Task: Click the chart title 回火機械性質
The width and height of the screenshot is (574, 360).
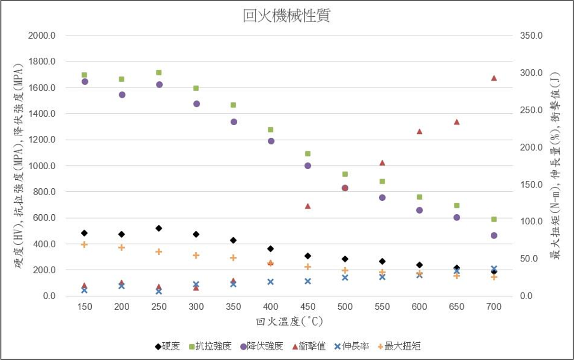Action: (x=287, y=16)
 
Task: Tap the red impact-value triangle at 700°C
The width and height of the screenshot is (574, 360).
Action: (x=494, y=78)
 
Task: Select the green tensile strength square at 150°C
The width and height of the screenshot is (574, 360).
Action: (x=84, y=75)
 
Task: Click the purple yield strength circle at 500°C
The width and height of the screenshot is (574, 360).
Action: (x=345, y=188)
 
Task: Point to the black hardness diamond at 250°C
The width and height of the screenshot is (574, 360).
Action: (x=159, y=228)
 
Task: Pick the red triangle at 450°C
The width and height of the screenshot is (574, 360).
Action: (x=308, y=206)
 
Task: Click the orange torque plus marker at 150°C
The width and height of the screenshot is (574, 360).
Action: (x=84, y=244)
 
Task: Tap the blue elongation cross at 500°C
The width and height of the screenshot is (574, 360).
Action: (x=345, y=277)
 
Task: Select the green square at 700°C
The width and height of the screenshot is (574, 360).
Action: (x=494, y=219)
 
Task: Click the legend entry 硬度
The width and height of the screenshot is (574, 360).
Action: (x=167, y=346)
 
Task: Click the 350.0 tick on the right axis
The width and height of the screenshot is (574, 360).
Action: (x=531, y=36)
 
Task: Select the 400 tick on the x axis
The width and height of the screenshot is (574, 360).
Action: (x=271, y=306)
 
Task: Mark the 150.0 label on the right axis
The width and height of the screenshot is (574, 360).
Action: (x=531, y=185)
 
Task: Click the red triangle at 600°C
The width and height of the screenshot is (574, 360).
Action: (x=419, y=131)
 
